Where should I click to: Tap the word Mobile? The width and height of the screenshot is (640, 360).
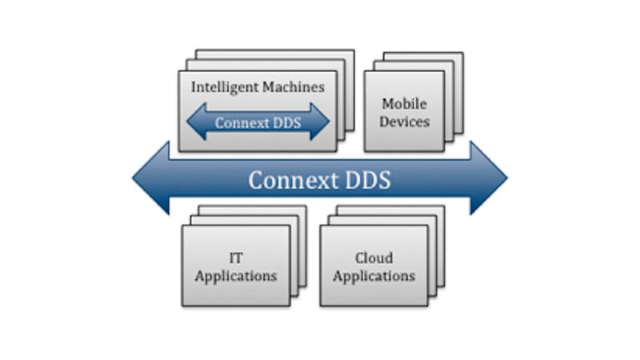click(x=404, y=104)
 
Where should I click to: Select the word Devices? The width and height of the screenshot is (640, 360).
click(x=404, y=122)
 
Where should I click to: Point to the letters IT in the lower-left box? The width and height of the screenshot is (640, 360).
click(x=236, y=258)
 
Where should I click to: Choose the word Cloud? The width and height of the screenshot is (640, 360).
click(x=374, y=258)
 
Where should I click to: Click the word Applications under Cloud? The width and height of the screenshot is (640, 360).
click(x=374, y=276)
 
